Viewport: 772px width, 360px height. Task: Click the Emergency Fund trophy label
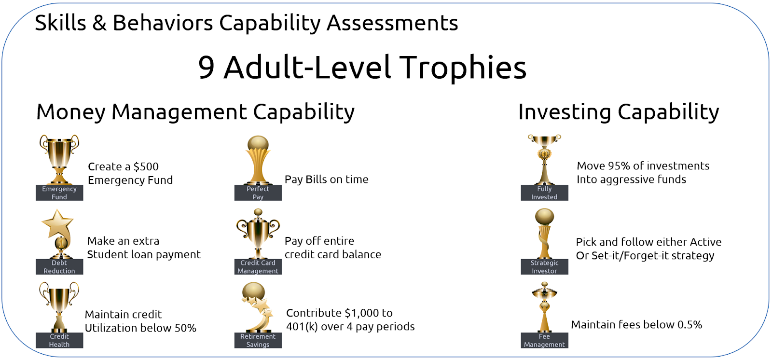coord(59,193)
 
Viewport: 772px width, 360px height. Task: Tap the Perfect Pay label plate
coord(258,193)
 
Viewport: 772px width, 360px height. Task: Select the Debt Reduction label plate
coord(59,267)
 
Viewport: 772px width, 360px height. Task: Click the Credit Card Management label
coord(258,267)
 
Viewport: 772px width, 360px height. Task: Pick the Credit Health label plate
coord(59,340)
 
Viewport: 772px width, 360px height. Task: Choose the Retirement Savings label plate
coord(258,340)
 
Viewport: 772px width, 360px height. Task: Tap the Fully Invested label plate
coord(544,193)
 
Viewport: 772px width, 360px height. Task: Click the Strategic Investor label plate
coord(544,267)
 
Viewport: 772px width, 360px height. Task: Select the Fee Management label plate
coord(544,340)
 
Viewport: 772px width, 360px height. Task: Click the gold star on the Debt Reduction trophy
coord(57,223)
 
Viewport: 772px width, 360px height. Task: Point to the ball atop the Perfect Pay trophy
coord(258,144)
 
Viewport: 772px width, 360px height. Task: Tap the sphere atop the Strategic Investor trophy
coord(544,217)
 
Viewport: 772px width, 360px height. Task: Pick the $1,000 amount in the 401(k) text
coord(360,313)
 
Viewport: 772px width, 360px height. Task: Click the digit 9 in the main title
coord(207,68)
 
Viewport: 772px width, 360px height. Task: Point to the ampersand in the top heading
coord(99,23)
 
